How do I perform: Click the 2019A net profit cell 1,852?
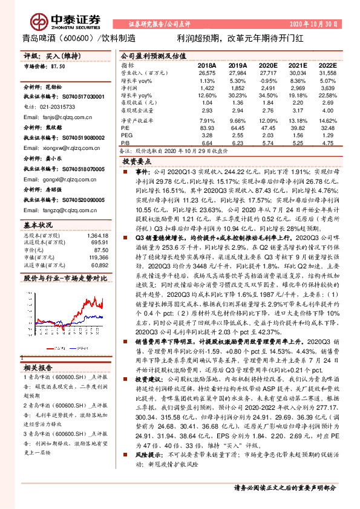point(238,88)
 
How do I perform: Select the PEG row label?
point(126,136)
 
